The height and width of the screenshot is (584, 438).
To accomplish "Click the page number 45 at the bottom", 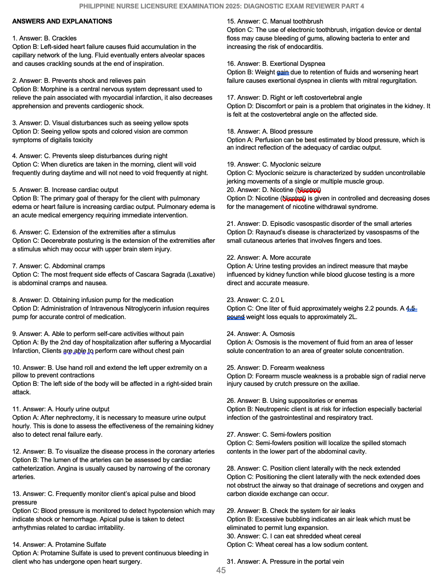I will pyautogui.click(x=221, y=570).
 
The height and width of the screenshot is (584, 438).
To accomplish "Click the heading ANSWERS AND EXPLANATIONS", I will pyautogui.click(x=62, y=21).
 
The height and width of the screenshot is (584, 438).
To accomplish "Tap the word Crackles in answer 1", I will pyautogui.click(x=64, y=38).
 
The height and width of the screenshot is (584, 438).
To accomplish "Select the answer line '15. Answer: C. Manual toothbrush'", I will pyautogui.click(x=275, y=21).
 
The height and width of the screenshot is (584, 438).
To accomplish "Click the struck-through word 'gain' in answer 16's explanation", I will pyautogui.click(x=283, y=72).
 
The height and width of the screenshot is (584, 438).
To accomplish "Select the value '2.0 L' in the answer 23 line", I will pyautogui.click(x=277, y=300).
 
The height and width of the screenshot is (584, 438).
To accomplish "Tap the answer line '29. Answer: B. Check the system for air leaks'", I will pyautogui.click(x=291, y=511).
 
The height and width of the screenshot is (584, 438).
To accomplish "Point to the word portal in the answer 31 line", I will pyautogui.click(x=320, y=561).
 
